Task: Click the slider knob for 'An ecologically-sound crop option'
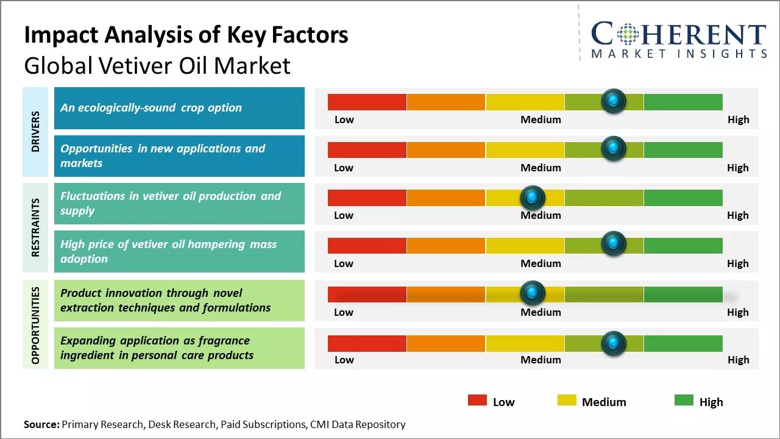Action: tap(613, 101)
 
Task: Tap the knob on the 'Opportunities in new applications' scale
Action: tap(613, 148)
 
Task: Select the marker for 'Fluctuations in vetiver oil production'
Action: tap(533, 197)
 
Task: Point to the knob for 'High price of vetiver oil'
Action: tap(613, 244)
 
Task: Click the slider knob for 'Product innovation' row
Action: tap(533, 293)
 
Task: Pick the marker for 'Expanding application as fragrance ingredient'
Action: tap(613, 343)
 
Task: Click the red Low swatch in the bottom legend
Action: tap(477, 401)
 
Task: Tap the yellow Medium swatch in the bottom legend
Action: tap(567, 401)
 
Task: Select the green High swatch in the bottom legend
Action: tap(684, 401)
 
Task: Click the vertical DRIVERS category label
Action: tap(35, 132)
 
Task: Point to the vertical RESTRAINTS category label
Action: tap(35, 227)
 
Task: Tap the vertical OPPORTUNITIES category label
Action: tap(35, 325)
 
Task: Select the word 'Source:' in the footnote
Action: tap(41, 424)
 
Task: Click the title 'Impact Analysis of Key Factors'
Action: tap(186, 35)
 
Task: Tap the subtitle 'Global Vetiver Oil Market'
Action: tap(157, 66)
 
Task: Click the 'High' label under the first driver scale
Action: tap(738, 120)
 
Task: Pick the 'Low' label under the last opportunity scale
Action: tap(344, 360)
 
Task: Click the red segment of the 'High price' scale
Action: tap(367, 245)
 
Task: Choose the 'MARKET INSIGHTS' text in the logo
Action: tap(679, 54)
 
